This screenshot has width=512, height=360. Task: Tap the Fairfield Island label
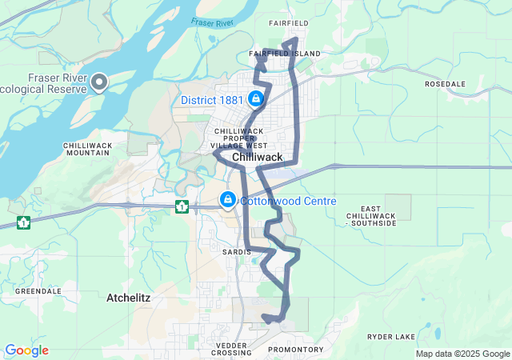coord(284,54)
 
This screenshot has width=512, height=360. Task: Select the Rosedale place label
coord(445,83)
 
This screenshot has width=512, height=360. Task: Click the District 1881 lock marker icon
coord(255,99)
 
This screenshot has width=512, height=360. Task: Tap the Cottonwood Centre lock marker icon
coord(228,199)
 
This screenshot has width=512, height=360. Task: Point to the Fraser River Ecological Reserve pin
coord(99,82)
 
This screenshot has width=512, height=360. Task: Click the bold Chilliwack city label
coord(258,158)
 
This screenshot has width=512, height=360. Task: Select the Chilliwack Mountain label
coord(88,149)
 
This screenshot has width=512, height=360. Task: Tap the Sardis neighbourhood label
coord(236,251)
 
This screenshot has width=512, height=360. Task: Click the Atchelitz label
coord(128,298)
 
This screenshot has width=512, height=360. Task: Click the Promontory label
coord(295,350)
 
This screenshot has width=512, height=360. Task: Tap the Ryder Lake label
coord(389,337)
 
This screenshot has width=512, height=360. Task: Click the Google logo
coord(26,350)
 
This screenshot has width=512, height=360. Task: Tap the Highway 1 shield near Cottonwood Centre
coord(182,207)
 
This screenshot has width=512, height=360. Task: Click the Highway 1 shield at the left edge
coord(23,221)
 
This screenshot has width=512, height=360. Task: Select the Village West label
coord(239,146)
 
